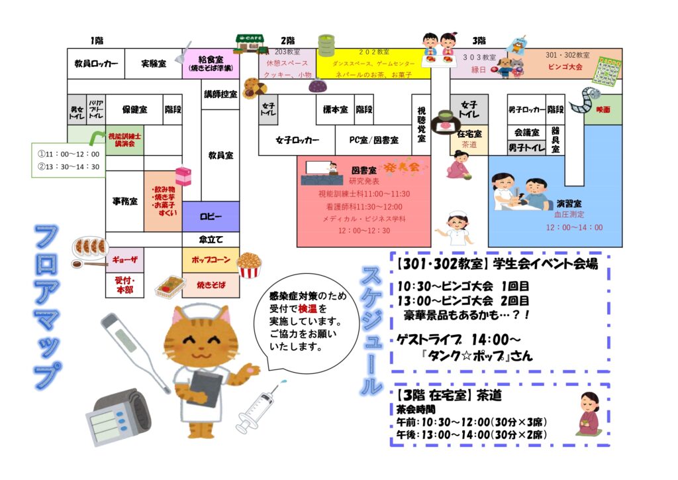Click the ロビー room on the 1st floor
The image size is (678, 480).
[x=211, y=217]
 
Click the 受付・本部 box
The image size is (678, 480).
[x=124, y=285]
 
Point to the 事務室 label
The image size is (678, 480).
[x=124, y=201]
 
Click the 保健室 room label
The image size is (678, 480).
[x=134, y=109]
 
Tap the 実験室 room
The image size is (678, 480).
[x=153, y=64]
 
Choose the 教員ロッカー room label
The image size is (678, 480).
[x=96, y=64]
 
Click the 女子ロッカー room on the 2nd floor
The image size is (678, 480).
[x=297, y=140]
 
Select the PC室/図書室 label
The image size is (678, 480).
[x=375, y=140]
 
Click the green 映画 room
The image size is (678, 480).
[x=603, y=109]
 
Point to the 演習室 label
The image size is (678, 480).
[x=569, y=203]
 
